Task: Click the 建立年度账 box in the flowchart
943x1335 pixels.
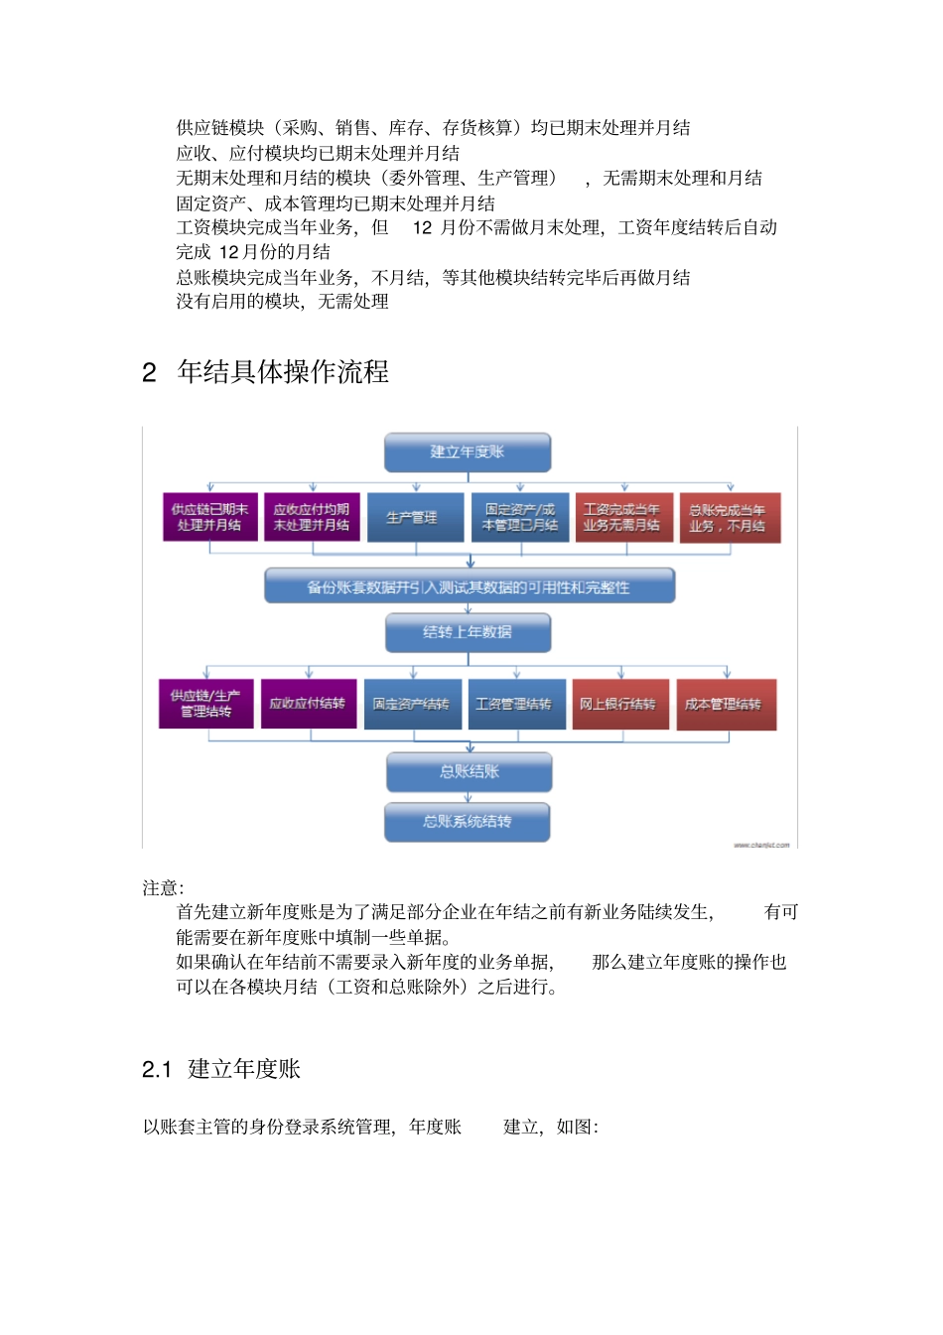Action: (x=468, y=452)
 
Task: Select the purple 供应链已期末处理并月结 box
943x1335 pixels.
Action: (x=210, y=517)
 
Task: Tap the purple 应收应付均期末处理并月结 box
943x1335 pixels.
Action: (x=312, y=517)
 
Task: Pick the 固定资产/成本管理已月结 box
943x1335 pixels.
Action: (x=519, y=517)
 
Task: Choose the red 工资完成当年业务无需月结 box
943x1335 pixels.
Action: (x=623, y=517)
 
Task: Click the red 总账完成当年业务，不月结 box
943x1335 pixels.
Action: (x=728, y=518)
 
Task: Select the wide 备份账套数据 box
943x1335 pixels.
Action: (x=470, y=587)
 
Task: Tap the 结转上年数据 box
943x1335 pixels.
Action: (x=468, y=632)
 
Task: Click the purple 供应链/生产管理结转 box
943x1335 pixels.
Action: (x=206, y=704)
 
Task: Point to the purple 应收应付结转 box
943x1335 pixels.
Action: (x=309, y=704)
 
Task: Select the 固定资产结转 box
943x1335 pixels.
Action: (x=412, y=705)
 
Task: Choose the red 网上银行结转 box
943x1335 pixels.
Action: (x=619, y=705)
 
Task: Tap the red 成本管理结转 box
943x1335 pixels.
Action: (x=726, y=705)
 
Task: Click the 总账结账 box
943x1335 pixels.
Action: (x=469, y=771)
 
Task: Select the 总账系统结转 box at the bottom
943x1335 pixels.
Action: (x=468, y=822)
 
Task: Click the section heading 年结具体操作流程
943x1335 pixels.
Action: (x=283, y=372)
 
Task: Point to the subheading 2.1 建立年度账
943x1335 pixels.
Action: (x=221, y=1069)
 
